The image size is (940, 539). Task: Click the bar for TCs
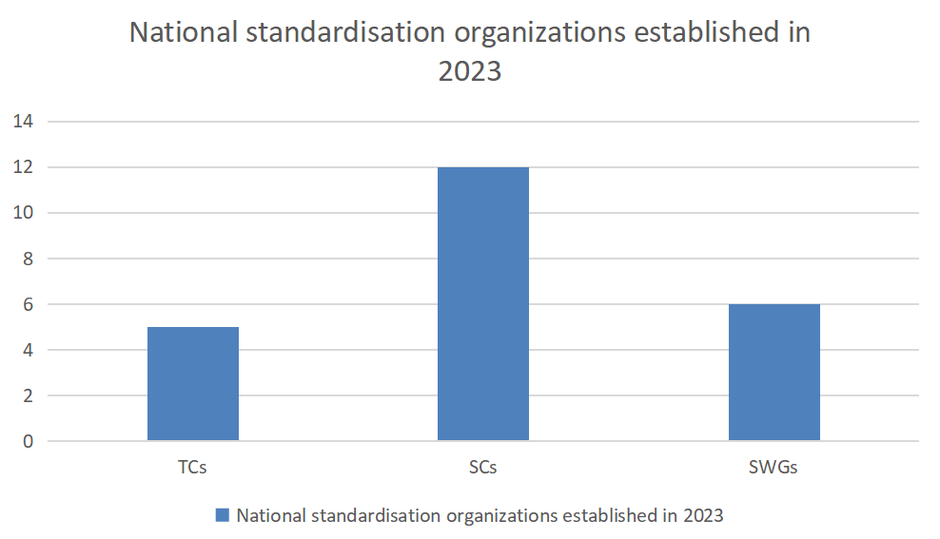pos(193,384)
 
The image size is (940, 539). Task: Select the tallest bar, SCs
pos(483,304)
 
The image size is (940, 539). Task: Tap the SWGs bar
pos(774,373)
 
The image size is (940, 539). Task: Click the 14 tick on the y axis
pos(22,122)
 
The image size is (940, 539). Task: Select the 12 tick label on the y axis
pos(22,167)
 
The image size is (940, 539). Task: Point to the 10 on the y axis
pos(22,213)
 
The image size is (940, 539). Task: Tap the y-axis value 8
pos(27,259)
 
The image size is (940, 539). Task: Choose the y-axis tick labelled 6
pos(27,304)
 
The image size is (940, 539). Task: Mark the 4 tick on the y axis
pos(27,350)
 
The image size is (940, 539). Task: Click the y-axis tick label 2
pos(27,395)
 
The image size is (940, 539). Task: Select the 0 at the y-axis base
pos(27,441)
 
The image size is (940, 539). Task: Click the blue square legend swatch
pos(223,515)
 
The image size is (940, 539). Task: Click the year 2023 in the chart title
pos(470,70)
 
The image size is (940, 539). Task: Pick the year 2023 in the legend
pos(702,515)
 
